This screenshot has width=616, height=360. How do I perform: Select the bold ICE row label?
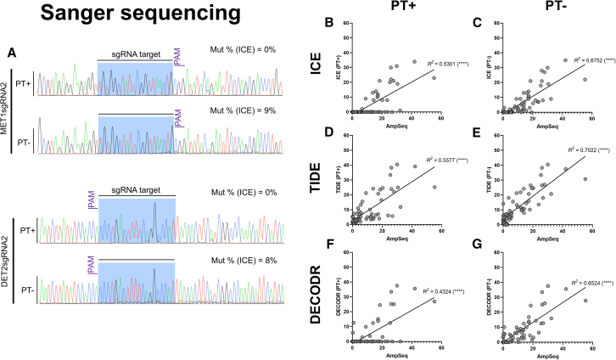315,75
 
